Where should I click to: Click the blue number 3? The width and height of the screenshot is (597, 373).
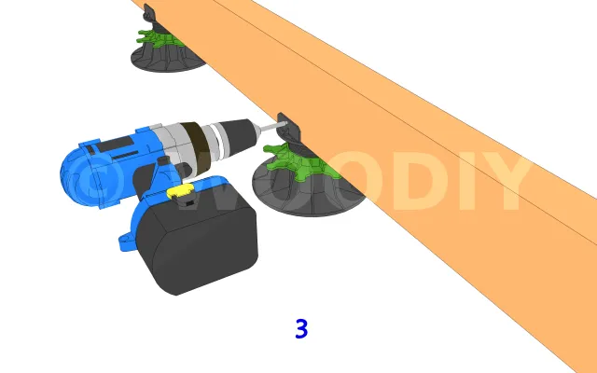pyautogui.click(x=301, y=329)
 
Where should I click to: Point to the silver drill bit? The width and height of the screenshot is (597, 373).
pyautogui.click(x=273, y=126)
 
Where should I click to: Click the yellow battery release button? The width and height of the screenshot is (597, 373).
pyautogui.click(x=180, y=191)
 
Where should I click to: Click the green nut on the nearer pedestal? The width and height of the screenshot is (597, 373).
pyautogui.click(x=300, y=161)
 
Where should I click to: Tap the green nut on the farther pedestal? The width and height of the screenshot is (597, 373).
pyautogui.click(x=160, y=38)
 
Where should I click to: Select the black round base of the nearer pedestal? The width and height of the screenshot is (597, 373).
pyautogui.click(x=305, y=194)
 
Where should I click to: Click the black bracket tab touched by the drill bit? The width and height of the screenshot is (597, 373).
pyautogui.click(x=288, y=129)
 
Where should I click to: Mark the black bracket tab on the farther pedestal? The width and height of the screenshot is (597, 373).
pyautogui.click(x=149, y=14)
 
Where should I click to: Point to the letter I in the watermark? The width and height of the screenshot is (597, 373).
pyautogui.click(x=462, y=181)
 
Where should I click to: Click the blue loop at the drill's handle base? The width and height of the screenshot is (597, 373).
pyautogui.click(x=126, y=242)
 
